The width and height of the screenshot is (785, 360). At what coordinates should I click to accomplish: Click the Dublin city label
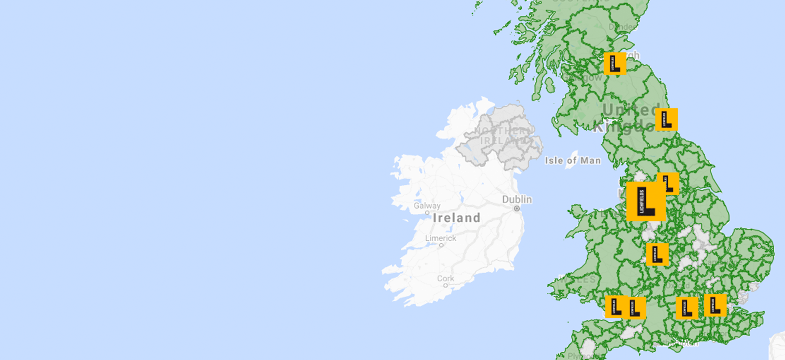point(517,200)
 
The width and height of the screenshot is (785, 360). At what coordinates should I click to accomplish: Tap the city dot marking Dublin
point(517,209)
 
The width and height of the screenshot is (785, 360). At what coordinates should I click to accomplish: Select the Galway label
point(427,206)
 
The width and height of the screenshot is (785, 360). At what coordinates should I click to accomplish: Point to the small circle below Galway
point(427,213)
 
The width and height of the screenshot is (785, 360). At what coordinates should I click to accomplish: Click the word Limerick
point(440,238)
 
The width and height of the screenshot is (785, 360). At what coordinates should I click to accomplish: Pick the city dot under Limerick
point(441,245)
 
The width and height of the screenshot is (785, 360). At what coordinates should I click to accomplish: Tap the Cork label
point(445,279)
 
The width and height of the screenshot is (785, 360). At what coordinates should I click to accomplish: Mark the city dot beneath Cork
point(446,286)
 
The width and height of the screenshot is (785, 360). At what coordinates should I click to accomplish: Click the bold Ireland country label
point(456,218)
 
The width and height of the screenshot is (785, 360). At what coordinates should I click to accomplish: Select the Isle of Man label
point(572,161)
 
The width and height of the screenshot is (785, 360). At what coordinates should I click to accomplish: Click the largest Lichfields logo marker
point(646,201)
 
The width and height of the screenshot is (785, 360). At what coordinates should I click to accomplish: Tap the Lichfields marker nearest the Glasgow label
point(615,63)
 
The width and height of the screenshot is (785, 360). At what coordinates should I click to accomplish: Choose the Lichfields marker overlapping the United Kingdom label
point(666,119)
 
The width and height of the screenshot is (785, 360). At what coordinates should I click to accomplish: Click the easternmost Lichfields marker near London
point(715,305)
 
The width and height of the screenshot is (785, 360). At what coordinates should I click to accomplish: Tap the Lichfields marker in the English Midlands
point(657,254)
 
